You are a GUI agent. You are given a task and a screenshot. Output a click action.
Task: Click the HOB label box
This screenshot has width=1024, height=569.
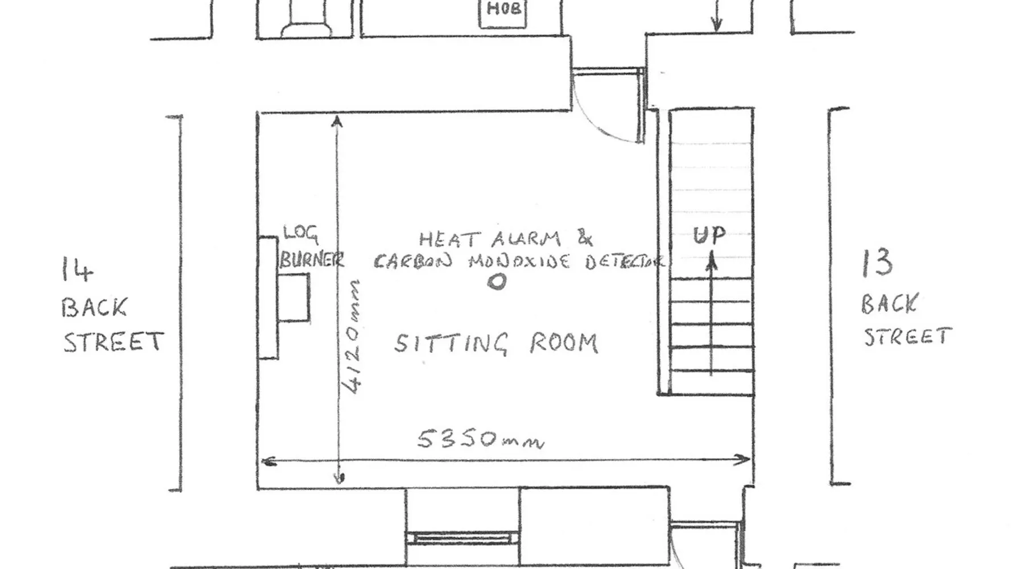coord(503,13)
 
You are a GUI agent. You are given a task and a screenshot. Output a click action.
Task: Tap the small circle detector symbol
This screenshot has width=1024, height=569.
coord(497,282)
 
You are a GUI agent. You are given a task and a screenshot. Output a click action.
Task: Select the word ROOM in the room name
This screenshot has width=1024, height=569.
coord(564,343)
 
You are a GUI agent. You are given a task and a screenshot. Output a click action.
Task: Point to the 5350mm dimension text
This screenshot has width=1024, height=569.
coord(481,439)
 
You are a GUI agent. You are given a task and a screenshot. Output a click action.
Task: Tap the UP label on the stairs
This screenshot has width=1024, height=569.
coord(709,235)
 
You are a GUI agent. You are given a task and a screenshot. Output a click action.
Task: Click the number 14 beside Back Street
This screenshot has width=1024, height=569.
coord(77,270)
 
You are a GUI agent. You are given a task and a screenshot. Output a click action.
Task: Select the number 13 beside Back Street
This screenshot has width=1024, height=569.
coord(877,263)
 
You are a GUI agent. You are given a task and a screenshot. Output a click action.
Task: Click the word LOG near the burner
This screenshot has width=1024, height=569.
coord(301,234)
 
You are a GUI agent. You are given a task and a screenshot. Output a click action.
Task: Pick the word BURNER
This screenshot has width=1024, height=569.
coord(312,259)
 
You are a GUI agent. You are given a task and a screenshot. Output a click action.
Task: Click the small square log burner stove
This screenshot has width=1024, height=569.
coord(294,298)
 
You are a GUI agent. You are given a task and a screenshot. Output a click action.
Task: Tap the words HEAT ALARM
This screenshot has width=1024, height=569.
coord(490,239)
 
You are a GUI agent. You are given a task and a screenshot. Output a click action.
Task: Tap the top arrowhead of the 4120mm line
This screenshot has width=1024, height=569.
coord(337,121)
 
